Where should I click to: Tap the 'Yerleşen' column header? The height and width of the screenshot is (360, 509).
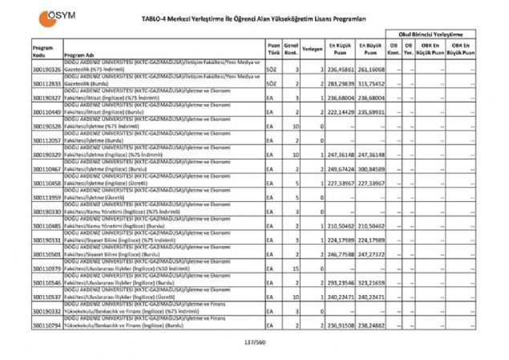[313, 49]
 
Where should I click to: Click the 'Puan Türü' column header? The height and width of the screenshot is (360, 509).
[273, 49]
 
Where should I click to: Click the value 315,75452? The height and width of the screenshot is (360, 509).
[372, 83]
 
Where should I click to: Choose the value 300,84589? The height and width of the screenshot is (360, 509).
[372, 169]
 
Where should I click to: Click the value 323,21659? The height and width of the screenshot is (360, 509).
[372, 283]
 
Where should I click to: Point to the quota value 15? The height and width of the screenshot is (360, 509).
[296, 269]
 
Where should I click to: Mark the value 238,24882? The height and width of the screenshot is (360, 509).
[372, 326]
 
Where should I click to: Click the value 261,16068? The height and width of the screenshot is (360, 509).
[372, 70]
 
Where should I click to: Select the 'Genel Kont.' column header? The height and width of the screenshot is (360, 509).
[291, 49]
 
